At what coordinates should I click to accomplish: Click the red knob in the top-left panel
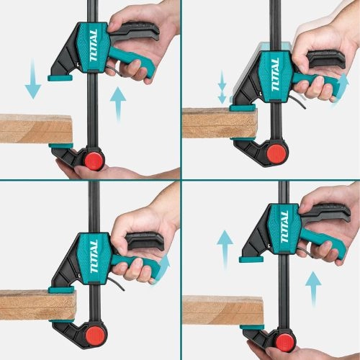click(94, 161)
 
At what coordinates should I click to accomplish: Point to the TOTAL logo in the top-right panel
click(275, 75)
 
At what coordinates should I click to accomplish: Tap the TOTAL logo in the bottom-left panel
click(94, 256)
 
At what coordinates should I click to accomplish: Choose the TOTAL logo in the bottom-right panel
click(284, 227)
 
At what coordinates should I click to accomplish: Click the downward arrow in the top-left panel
click(33, 79)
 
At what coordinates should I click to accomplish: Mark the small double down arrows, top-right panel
click(222, 87)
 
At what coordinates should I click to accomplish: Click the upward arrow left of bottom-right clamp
click(225, 250)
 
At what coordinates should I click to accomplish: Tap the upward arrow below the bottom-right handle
click(313, 289)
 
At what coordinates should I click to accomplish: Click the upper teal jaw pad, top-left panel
click(60, 78)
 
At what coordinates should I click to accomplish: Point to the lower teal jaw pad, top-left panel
click(61, 145)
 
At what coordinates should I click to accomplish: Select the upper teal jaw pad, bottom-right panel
click(251, 259)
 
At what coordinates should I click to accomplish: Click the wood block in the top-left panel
click(36, 129)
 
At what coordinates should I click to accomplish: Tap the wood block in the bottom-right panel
click(223, 310)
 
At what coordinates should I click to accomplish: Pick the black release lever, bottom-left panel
click(145, 240)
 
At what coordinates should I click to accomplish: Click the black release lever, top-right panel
click(326, 59)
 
